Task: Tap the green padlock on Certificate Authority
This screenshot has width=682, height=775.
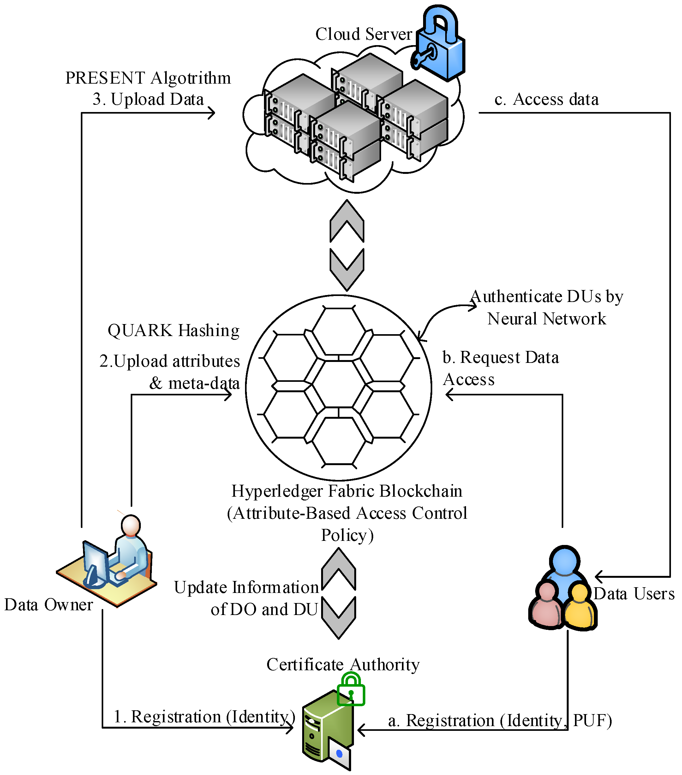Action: tap(350, 690)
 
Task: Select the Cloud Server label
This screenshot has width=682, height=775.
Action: tap(363, 34)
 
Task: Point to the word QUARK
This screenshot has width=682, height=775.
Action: tap(140, 331)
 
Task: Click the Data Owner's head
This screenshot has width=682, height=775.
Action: tap(130, 525)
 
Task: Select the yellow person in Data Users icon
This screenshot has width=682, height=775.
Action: tap(579, 606)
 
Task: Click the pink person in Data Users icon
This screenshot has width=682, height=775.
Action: tap(546, 606)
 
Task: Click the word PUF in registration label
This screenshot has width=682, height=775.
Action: tap(592, 720)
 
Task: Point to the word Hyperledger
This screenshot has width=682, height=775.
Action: tap(277, 491)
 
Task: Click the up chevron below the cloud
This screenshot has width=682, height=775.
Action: tap(347, 222)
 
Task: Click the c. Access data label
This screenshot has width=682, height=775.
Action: tap(546, 100)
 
